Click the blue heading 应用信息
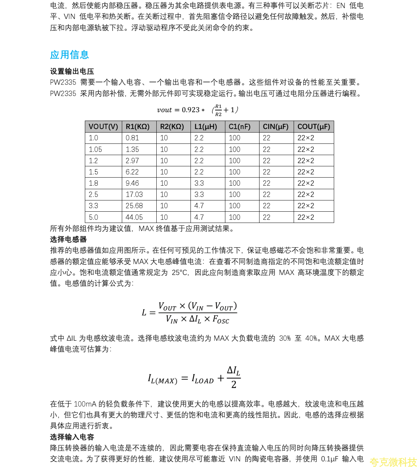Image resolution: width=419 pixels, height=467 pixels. point(69,55)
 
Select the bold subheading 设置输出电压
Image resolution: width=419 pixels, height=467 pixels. point(72,71)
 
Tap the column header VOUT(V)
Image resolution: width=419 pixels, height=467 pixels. point(103,127)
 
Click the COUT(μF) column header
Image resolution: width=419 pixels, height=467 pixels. point(314,127)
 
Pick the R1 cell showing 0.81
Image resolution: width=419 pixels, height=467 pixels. point(132,138)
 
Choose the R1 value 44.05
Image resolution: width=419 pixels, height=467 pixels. point(134,217)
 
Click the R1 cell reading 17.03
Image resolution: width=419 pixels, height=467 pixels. point(134,194)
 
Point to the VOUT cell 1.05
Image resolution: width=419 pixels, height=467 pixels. point(95,149)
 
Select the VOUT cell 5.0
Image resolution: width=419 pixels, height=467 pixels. point(93,217)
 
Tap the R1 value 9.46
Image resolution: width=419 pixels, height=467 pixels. point(132,183)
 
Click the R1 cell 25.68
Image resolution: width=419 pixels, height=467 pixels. point(134,206)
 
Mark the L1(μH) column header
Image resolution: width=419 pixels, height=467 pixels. point(206,127)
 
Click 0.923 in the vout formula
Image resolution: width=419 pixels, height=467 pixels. point(190,110)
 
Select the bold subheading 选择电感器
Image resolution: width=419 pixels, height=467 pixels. point(68,239)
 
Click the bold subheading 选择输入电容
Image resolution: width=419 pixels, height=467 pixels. point(72,437)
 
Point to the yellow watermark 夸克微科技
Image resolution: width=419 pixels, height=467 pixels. point(393,462)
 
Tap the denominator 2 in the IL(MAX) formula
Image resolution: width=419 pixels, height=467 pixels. point(234,385)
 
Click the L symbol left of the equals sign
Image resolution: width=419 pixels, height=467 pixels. point(144,313)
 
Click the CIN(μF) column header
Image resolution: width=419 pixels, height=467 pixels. point(276,127)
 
